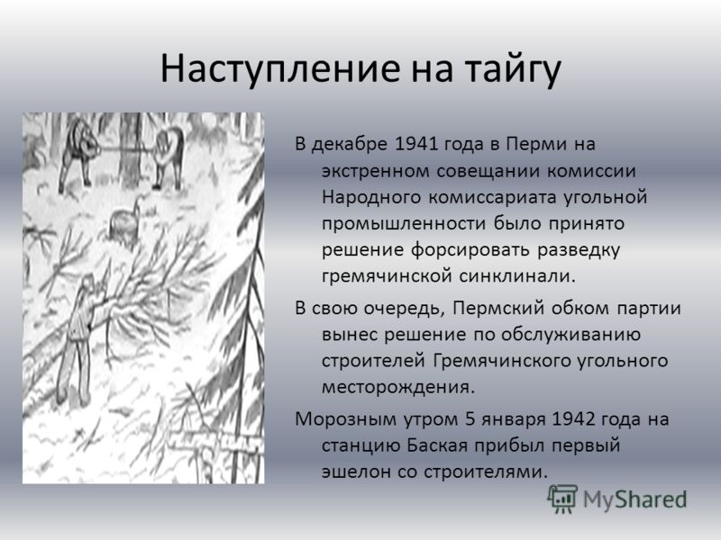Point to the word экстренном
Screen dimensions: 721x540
coord(375,172)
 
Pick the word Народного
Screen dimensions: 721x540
coord(371,197)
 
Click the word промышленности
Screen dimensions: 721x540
coord(404,224)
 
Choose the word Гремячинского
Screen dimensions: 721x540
coord(498,361)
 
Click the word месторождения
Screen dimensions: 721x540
coord(397,388)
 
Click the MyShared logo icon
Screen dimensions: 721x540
coord(561,499)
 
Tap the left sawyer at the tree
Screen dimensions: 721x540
coord(78,154)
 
